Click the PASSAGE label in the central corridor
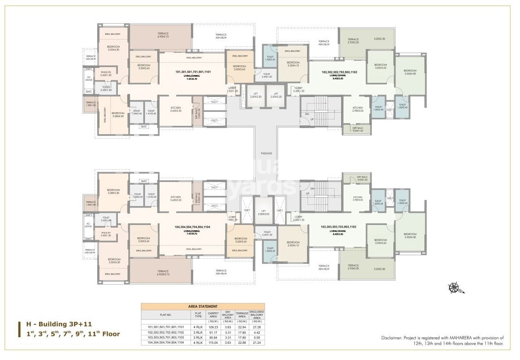pos(266,153)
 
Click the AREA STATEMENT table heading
pos(202,307)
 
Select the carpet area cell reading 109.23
pos(213,327)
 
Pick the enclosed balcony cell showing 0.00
pos(257,338)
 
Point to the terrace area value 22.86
pos(242,342)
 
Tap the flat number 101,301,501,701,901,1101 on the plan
pos(193,71)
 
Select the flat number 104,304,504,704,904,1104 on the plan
pos(193,228)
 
